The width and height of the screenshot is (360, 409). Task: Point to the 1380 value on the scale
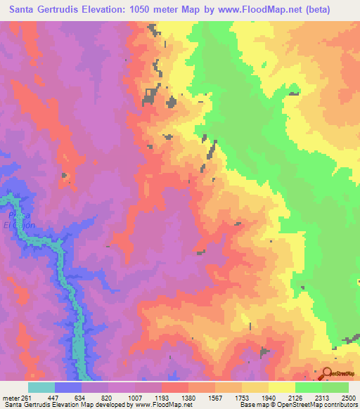click(188, 396)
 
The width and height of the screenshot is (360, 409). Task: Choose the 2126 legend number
click(295, 396)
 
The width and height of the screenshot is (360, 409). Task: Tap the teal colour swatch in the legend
click(41, 387)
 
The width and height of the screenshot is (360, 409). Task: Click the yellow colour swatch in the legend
click(281, 387)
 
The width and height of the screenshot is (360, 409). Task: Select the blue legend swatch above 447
click(67, 387)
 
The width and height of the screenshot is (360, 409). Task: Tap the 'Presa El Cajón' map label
click(18, 220)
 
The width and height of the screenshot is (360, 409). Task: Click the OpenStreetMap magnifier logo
click(327, 373)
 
